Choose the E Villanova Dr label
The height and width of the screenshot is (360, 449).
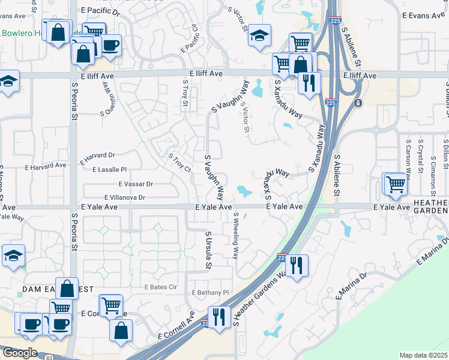click(x=125, y=197)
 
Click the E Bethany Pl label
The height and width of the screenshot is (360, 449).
click(x=211, y=293)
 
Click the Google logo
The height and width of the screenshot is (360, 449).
click(x=19, y=353)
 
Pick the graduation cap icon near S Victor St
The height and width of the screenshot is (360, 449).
click(x=260, y=35)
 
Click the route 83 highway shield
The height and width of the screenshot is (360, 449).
click(x=49, y=358)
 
